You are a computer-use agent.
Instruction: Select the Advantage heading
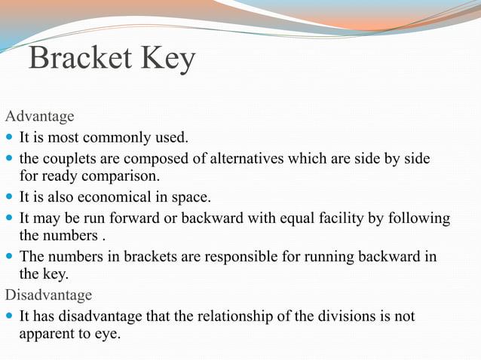[x=39, y=117]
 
